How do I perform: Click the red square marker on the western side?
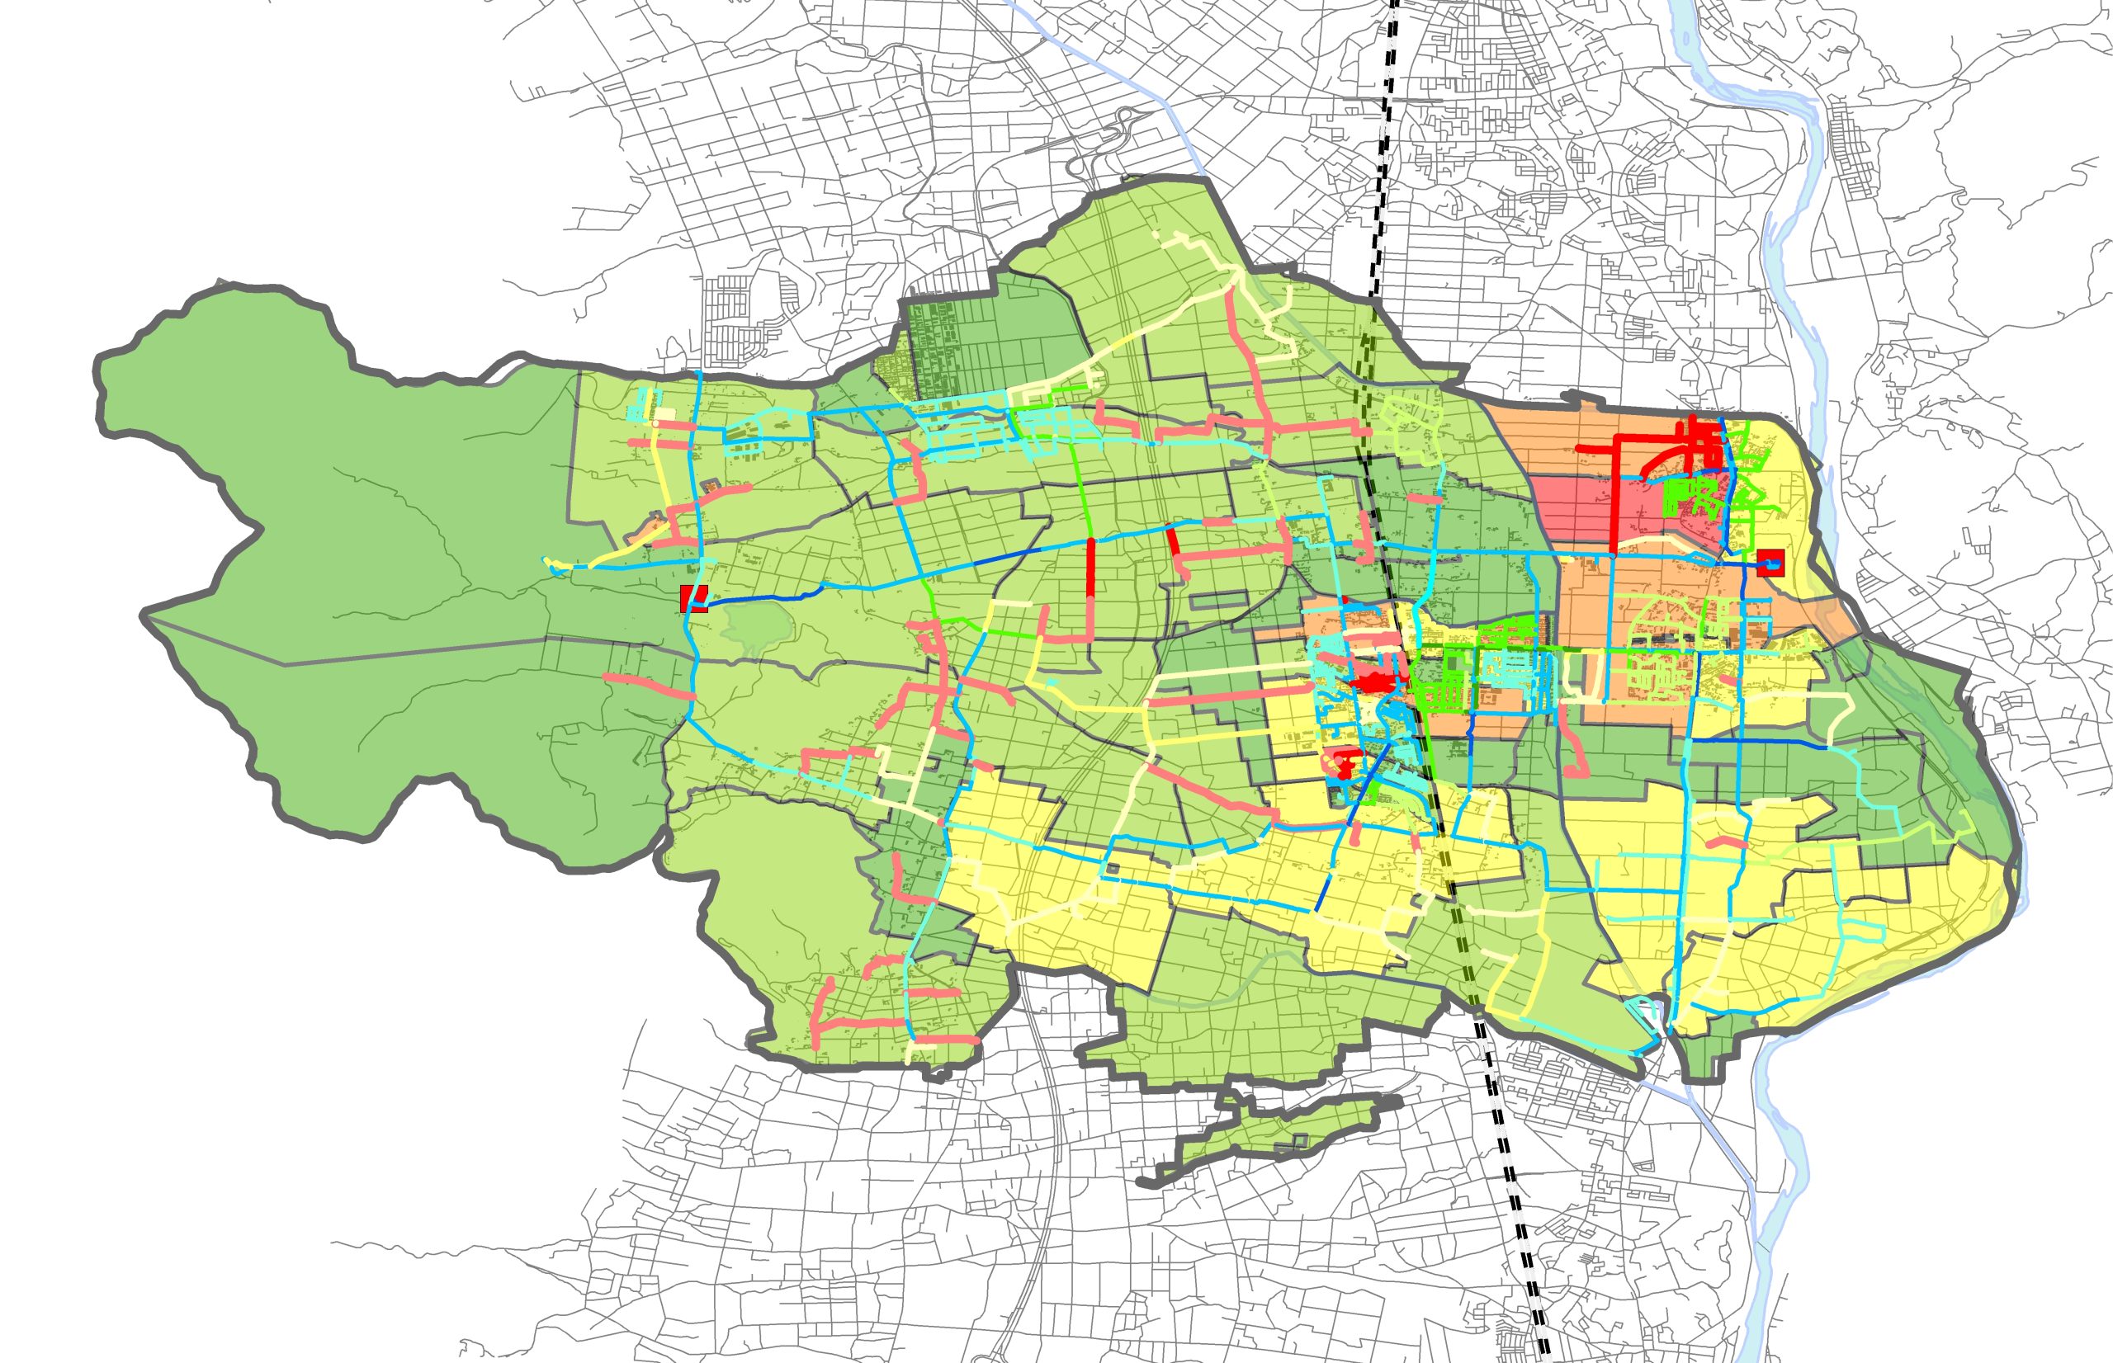[693, 598]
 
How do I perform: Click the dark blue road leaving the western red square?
[761, 597]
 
